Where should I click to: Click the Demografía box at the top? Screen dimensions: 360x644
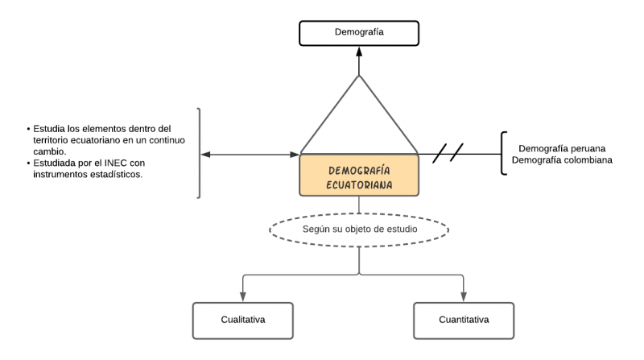(x=359, y=33)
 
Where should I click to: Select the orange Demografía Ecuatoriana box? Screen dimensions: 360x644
(x=359, y=176)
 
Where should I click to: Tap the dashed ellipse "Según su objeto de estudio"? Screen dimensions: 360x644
(x=359, y=230)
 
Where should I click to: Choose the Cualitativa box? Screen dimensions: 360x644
(x=242, y=320)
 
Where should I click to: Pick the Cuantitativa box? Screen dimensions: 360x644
(x=463, y=320)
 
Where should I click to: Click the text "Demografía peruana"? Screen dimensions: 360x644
(x=562, y=149)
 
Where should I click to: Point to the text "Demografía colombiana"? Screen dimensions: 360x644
(x=562, y=160)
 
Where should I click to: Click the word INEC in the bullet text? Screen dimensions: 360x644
(x=116, y=163)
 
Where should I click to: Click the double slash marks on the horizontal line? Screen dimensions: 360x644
(x=448, y=153)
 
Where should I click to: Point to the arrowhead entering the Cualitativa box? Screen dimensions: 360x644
(x=242, y=297)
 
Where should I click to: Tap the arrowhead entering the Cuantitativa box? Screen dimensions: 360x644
(x=463, y=297)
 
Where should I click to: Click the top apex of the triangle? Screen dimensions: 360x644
(x=359, y=77)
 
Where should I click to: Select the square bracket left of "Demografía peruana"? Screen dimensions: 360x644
(x=503, y=153)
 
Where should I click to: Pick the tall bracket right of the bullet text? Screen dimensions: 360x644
(x=199, y=153)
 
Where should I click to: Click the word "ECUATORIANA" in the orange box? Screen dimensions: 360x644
(x=359, y=184)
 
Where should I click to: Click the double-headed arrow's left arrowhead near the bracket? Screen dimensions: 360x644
(x=206, y=154)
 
